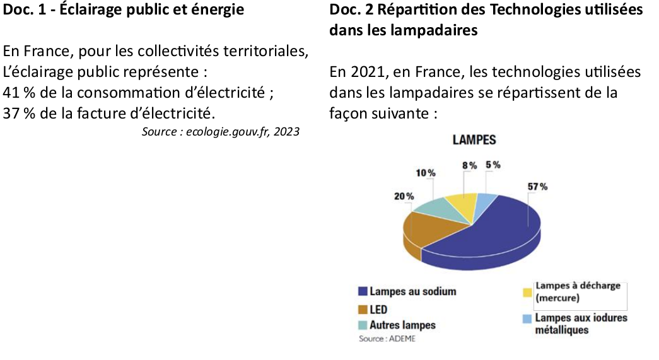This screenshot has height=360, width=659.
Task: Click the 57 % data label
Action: [537, 187]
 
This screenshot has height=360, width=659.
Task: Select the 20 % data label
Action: [404, 196]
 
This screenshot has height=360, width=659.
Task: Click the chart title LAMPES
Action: [474, 140]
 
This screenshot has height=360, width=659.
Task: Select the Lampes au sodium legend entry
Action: [412, 291]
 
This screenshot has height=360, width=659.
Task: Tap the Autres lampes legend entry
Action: [402, 325]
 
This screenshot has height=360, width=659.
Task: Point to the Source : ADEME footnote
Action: [387, 339]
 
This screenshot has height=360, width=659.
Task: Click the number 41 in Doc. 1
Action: [11, 93]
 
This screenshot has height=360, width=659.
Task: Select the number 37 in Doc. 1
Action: [11, 113]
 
